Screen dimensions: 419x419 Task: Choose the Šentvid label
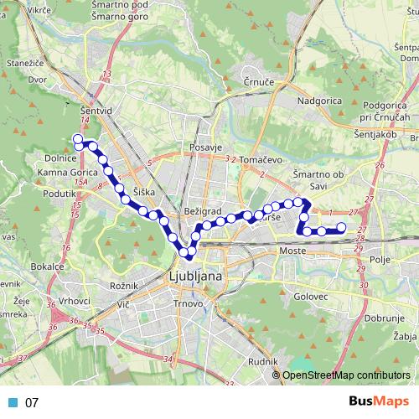(85, 109)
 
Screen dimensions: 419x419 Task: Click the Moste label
(293, 251)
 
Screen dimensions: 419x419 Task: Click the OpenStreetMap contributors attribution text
(347, 375)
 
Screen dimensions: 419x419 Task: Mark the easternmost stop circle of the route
(341, 229)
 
